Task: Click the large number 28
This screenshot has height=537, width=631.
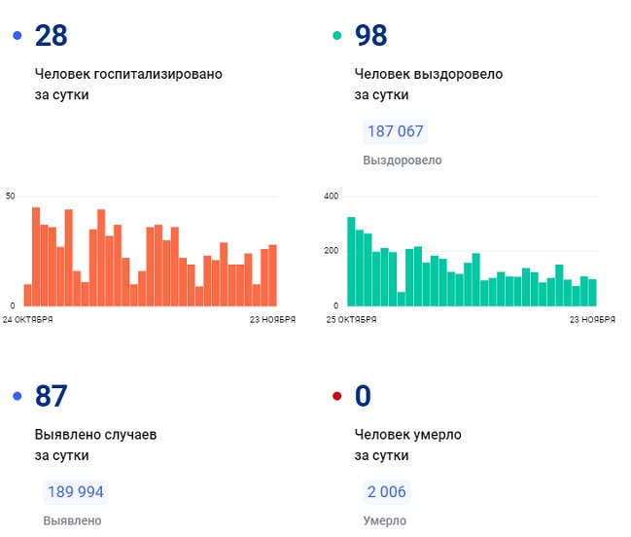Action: click(51, 36)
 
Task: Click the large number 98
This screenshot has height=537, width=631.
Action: click(371, 36)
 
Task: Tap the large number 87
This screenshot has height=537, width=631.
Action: click(51, 396)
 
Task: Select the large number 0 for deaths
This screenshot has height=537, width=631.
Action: click(364, 396)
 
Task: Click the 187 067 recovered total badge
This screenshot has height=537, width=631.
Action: click(395, 131)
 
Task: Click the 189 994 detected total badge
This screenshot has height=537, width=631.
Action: click(74, 491)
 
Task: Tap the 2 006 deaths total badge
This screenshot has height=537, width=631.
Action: click(387, 491)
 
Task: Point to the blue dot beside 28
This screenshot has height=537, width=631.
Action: click(18, 36)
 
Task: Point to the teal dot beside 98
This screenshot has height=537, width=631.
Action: click(337, 36)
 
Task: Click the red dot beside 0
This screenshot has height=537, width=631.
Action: click(337, 396)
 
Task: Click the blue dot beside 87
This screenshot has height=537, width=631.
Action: click(18, 396)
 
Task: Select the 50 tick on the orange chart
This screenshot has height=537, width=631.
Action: click(11, 197)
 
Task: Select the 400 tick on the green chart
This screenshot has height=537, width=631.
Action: click(331, 197)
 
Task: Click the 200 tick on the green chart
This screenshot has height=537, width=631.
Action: click(331, 251)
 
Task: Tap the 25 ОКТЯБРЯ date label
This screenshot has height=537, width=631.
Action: click(350, 318)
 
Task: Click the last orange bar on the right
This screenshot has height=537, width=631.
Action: click(272, 274)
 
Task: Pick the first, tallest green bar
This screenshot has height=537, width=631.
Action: click(351, 261)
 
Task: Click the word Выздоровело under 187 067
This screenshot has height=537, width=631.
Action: click(402, 161)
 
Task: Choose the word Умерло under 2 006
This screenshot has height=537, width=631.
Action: click(385, 520)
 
